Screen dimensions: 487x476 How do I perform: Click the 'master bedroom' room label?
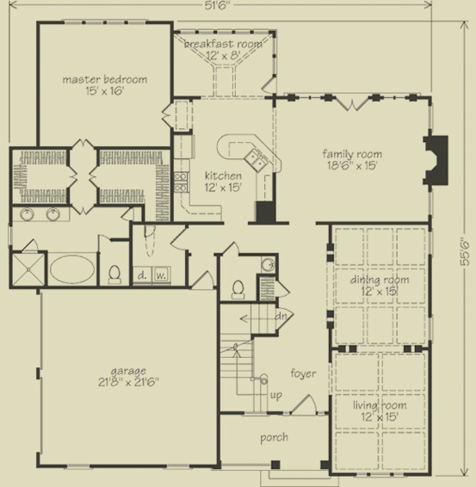click(x=104, y=79)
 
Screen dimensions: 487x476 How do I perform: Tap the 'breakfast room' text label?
click(x=225, y=42)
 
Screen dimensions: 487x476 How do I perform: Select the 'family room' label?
click(x=352, y=154)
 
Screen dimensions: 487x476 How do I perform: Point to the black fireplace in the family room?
click(x=437, y=160)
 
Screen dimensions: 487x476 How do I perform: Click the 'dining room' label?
click(x=379, y=280)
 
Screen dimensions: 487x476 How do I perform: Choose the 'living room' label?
click(x=379, y=405)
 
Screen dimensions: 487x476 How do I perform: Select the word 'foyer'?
click(x=302, y=373)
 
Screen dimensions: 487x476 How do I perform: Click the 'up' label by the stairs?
click(x=276, y=395)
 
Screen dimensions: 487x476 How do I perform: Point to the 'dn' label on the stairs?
click(x=280, y=315)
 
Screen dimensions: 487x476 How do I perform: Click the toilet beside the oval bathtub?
click(x=115, y=272)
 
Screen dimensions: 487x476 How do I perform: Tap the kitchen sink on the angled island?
click(x=256, y=157)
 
